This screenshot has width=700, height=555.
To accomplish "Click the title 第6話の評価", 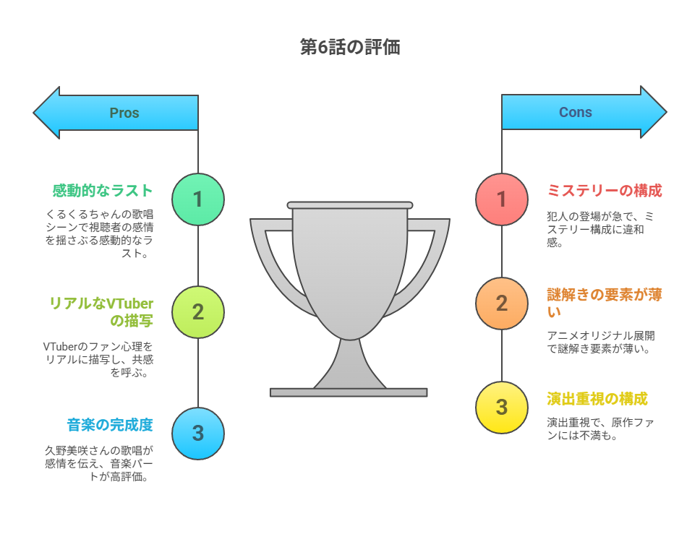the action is coord(349,47).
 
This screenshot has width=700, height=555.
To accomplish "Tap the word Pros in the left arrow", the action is coord(124,113).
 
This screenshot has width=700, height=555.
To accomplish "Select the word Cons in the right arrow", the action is coord(576,112).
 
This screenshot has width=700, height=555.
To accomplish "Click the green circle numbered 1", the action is coord(198,199).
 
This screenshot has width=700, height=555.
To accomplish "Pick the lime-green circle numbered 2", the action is coord(198,312).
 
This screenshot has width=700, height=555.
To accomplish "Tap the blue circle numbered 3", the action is coord(198,433).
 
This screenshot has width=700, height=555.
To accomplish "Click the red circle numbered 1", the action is coord(502,199).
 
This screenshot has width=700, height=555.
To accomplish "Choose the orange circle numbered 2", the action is coord(502,304).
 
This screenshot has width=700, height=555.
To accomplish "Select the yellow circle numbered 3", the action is coord(502,408).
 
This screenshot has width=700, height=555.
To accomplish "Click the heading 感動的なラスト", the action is coord(103,191).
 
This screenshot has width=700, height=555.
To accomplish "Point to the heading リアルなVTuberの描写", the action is coord(101,312).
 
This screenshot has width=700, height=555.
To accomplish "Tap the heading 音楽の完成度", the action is coord(110,425).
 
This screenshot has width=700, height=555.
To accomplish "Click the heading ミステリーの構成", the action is coord(605,191).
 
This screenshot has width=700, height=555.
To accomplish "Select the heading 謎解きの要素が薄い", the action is coord(605,303).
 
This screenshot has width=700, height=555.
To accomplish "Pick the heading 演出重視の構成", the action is coord(597,398).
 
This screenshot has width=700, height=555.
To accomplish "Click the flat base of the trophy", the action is coord(349,392).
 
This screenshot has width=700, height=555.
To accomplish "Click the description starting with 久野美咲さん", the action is coord(98,463).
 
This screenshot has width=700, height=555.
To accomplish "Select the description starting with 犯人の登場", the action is coord(600,229).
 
